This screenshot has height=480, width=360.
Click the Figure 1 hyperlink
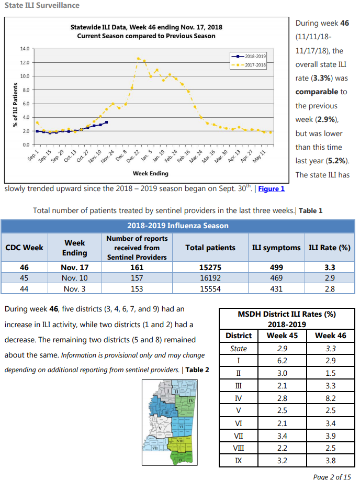click(x=271, y=189)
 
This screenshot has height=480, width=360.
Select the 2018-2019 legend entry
click(x=249, y=57)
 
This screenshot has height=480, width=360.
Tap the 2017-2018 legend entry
click(x=249, y=65)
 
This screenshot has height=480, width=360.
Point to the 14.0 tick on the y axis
click(x=25, y=49)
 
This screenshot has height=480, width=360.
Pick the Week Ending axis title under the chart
click(x=151, y=174)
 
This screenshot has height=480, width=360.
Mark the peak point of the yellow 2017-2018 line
click(x=138, y=59)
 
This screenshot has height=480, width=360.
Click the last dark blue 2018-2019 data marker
click(x=106, y=122)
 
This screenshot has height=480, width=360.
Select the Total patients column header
click(x=210, y=248)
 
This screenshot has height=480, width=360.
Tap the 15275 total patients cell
click(x=210, y=267)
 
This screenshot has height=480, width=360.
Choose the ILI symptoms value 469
click(x=276, y=278)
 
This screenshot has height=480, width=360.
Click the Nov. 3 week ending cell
click(x=75, y=289)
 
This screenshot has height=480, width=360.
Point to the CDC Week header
click(x=24, y=248)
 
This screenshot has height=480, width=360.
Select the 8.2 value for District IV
click(x=331, y=398)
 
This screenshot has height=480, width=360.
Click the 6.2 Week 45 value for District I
click(x=282, y=361)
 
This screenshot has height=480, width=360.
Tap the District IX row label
click(x=239, y=461)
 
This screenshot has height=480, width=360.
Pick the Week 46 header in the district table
click(x=331, y=336)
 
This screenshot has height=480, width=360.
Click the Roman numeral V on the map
click(x=160, y=428)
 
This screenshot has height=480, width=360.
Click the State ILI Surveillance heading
click(x=42, y=5)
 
